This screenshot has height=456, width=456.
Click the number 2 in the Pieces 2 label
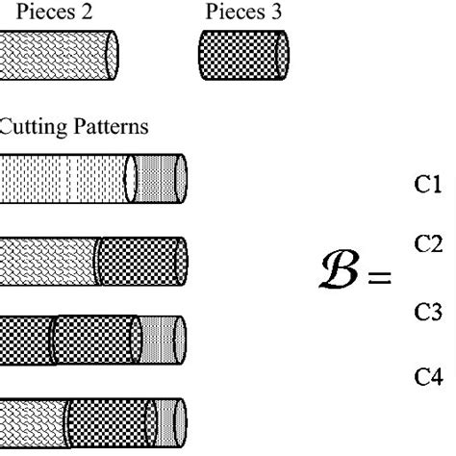(89, 12)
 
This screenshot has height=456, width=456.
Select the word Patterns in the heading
(114, 126)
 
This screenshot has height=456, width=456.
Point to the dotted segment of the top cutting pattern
(63, 178)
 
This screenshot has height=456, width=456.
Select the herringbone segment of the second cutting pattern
(48, 260)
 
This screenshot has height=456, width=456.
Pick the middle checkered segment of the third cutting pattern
(96, 339)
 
